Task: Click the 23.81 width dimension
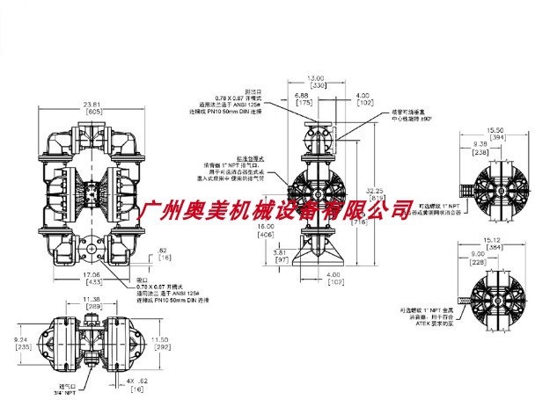tap(92, 105)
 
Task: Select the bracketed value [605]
tap(92, 113)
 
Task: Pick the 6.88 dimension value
tap(301, 95)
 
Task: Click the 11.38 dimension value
tap(92, 298)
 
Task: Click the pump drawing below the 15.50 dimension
tap(499, 180)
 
